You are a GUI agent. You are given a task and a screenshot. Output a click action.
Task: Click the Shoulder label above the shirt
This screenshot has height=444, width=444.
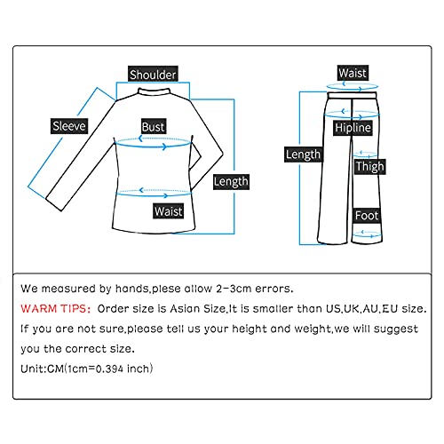click(153, 75)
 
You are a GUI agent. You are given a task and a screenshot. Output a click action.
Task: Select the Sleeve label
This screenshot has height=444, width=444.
click(68, 126)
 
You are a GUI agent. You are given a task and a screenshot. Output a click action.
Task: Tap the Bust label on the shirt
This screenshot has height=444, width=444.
click(154, 127)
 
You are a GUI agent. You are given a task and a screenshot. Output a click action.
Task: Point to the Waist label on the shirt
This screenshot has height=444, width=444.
click(169, 211)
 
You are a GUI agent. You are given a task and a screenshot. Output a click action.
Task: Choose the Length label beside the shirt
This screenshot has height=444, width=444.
click(231, 181)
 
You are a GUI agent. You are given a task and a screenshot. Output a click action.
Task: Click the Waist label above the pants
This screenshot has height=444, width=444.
click(352, 73)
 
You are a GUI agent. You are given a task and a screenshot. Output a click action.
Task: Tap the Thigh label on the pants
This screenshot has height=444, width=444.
click(369, 166)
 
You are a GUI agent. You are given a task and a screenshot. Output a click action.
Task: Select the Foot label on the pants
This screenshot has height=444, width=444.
click(367, 216)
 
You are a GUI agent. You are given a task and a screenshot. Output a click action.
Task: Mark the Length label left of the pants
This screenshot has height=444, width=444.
click(303, 155)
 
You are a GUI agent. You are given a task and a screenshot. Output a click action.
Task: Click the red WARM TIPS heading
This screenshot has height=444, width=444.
click(54, 308)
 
